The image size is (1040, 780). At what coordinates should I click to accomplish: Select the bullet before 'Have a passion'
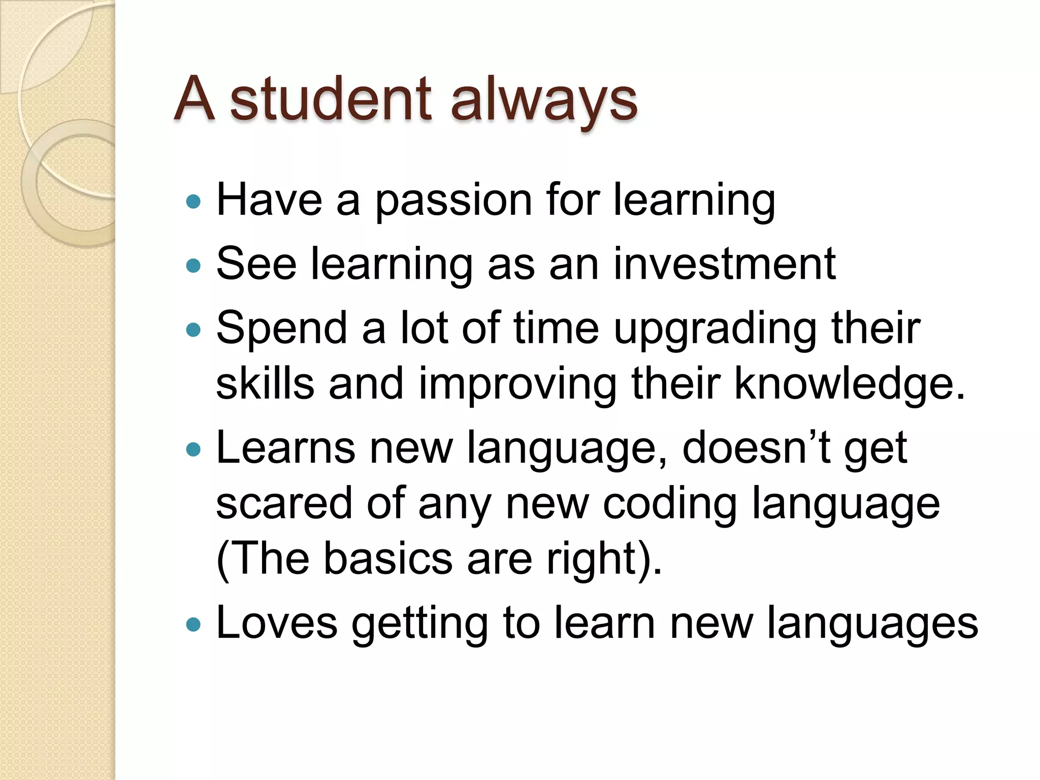point(193,202)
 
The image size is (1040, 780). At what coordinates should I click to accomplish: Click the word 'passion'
point(453,201)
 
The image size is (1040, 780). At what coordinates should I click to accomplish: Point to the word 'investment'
point(724,264)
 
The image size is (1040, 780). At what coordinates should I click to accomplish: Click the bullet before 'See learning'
point(193,266)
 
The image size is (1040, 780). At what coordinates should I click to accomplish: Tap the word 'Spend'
point(282,329)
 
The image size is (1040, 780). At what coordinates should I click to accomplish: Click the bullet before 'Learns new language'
point(193,449)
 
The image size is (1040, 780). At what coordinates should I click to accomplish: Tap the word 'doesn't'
point(756,447)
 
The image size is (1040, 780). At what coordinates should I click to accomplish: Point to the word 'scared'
point(283,503)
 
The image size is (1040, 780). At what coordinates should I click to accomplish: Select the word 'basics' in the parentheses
point(387,559)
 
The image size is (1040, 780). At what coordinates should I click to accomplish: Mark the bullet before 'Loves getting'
point(193,624)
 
